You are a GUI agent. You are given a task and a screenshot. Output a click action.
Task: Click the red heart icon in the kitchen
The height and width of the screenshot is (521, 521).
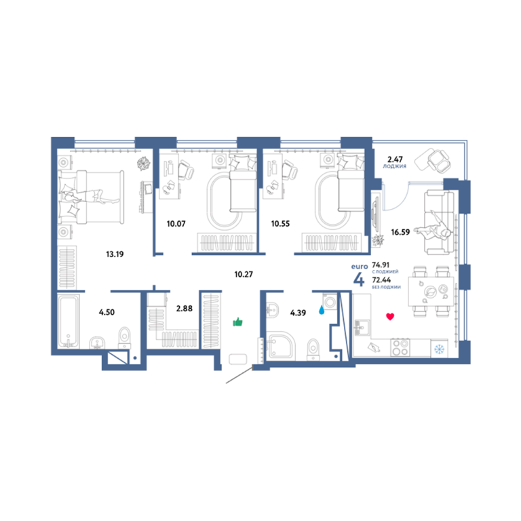[x=390, y=316]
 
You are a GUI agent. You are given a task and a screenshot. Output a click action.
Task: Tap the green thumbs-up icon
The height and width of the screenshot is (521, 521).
[x=238, y=322]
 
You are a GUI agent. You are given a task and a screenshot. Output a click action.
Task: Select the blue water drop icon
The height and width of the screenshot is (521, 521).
[x=322, y=310]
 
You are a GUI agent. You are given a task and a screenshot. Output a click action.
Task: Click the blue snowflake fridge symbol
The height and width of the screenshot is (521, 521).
[x=440, y=349]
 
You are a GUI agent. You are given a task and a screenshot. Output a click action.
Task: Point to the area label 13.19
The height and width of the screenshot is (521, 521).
[x=115, y=254]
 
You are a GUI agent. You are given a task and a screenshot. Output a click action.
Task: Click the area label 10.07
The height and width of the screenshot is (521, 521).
[x=176, y=224]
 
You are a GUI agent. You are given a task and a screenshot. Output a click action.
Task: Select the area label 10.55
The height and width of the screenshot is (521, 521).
[x=280, y=224]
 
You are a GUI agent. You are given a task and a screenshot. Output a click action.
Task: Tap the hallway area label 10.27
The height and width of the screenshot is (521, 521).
[x=244, y=275]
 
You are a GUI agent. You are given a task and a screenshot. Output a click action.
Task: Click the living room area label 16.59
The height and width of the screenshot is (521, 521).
[x=400, y=232]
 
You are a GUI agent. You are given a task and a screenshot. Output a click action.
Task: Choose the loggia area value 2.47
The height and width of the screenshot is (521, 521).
[x=395, y=159]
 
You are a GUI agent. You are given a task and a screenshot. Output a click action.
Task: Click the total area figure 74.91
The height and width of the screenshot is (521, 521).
[x=381, y=265]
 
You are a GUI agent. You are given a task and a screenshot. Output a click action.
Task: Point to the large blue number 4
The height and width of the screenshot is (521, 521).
[x=359, y=279]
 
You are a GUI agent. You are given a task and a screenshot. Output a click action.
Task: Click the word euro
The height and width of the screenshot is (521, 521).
[x=360, y=267]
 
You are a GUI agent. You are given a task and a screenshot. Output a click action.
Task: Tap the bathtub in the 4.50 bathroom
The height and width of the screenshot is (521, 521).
[x=68, y=322]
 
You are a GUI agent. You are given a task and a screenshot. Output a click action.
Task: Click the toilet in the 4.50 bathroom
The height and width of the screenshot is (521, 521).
[x=125, y=337]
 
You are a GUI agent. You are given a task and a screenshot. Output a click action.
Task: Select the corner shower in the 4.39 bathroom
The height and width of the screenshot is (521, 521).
[x=280, y=345]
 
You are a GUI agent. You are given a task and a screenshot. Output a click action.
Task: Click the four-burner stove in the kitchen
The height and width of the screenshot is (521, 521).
[x=400, y=347]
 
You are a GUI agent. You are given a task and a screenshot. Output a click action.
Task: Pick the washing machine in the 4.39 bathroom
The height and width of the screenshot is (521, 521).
[x=330, y=302]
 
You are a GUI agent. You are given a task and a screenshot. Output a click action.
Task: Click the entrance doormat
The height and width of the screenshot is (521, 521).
[x=238, y=359]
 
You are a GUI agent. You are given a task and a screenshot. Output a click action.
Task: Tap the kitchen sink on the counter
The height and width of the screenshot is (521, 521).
[x=362, y=327]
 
